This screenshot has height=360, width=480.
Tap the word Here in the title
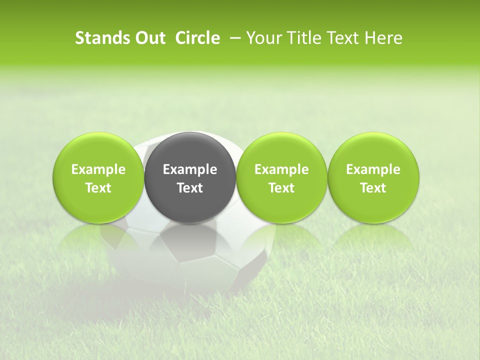coord(382,38)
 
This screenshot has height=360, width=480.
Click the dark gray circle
coord(190,150)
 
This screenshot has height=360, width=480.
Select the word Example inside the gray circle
coord(190,169)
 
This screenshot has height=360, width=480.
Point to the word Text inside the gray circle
coord(190,188)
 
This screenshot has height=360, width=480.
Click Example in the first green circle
coord(98,169)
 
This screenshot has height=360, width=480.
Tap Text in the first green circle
coord(98,188)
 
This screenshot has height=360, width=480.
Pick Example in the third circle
coord(281,169)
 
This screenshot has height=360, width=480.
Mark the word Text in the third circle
coord(281,188)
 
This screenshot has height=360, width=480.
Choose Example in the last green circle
coord(373,169)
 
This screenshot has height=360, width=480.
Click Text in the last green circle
coord(373,188)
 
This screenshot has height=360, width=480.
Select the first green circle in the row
coord(98,150)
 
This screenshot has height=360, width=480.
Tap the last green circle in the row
coord(373,150)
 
